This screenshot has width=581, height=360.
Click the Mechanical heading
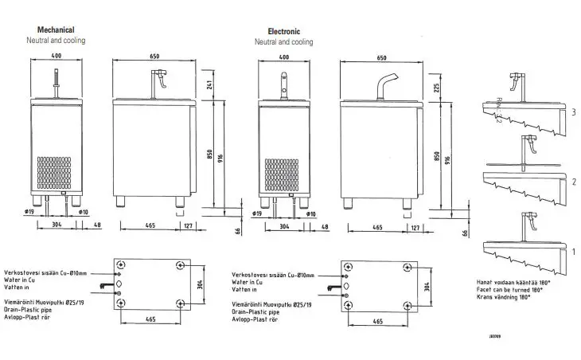coord(50,29)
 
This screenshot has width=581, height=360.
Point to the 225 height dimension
coord(435,88)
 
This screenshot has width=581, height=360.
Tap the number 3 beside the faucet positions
coord(572,112)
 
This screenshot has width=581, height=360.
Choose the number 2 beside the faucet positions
coord(572,182)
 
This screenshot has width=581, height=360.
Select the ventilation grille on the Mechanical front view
coord(57,174)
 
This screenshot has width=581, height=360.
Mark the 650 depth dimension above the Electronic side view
coord(382,58)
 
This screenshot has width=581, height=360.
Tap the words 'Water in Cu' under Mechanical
coord(25,280)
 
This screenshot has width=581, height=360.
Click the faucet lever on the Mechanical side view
coord(160,80)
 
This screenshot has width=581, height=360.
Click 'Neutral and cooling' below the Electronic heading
coord(283,41)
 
